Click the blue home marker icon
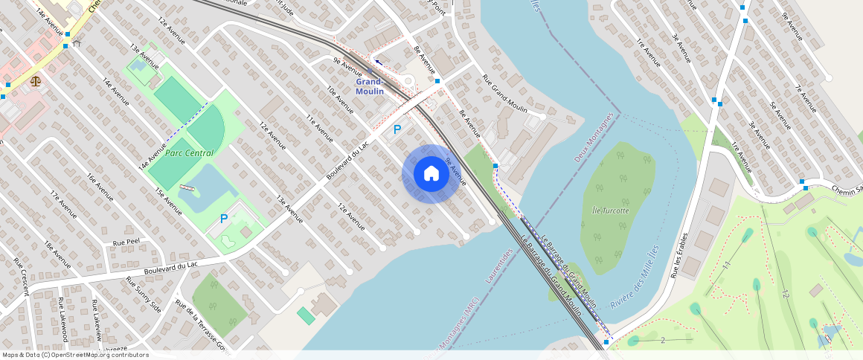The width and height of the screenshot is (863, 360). pos(431,173)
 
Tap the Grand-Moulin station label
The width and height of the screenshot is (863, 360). pos(370,86)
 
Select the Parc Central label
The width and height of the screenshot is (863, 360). pos(189,153)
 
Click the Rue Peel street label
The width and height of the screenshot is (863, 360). pos(126,242)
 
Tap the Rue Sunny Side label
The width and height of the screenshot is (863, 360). pos(144,294)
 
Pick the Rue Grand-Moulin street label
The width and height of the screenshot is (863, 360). pos(504,93)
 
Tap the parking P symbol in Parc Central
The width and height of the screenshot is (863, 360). pos(223,219)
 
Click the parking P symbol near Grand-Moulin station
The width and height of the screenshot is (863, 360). pos(397,129)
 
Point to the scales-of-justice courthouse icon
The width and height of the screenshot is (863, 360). pos(36,77)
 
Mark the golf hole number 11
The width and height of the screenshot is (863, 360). pos(726,264)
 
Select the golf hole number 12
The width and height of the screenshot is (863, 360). pos(784,295)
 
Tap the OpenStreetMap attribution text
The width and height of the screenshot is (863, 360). pos(75,355)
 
